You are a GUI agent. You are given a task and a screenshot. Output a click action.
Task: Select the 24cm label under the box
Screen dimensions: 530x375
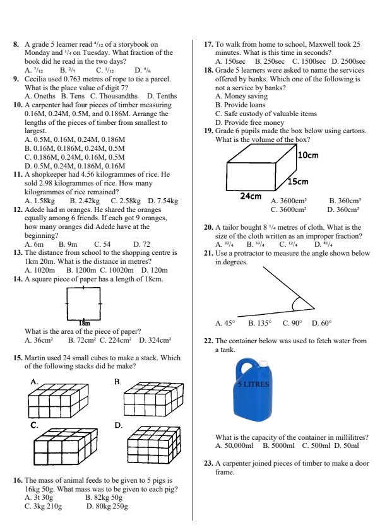(251, 197)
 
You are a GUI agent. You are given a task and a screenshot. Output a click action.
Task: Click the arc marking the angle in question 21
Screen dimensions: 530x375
(297, 305)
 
